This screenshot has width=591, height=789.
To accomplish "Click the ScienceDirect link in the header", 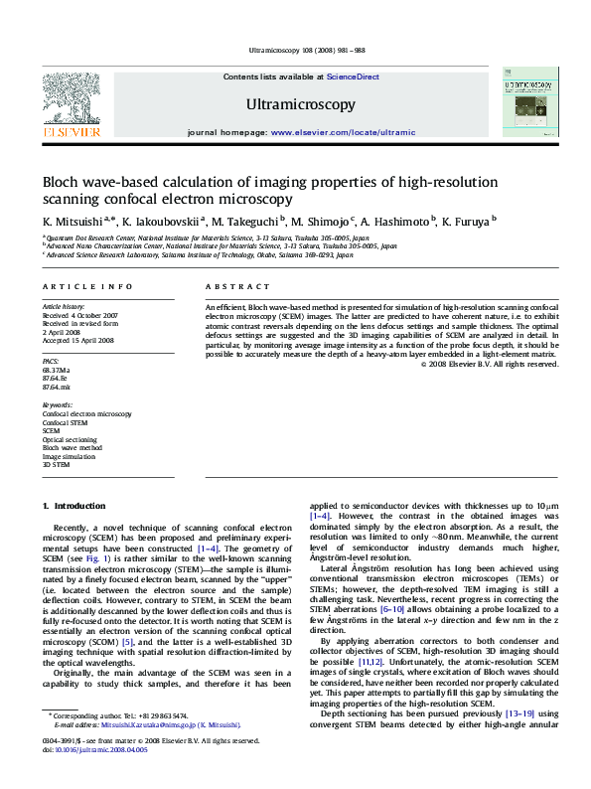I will (x=353, y=77).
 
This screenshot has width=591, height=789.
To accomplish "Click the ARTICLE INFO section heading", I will (x=87, y=286).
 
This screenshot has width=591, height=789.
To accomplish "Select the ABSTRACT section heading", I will (x=233, y=286).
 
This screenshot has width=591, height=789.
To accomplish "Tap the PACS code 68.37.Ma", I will (x=58, y=369).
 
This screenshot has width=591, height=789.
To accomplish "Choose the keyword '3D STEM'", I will (x=57, y=464).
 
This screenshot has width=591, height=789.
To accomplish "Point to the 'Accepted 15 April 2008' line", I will (x=77, y=340).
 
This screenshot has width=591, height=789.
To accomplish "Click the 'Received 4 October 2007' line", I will (x=79, y=315).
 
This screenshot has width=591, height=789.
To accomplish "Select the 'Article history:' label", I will (x=63, y=307).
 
